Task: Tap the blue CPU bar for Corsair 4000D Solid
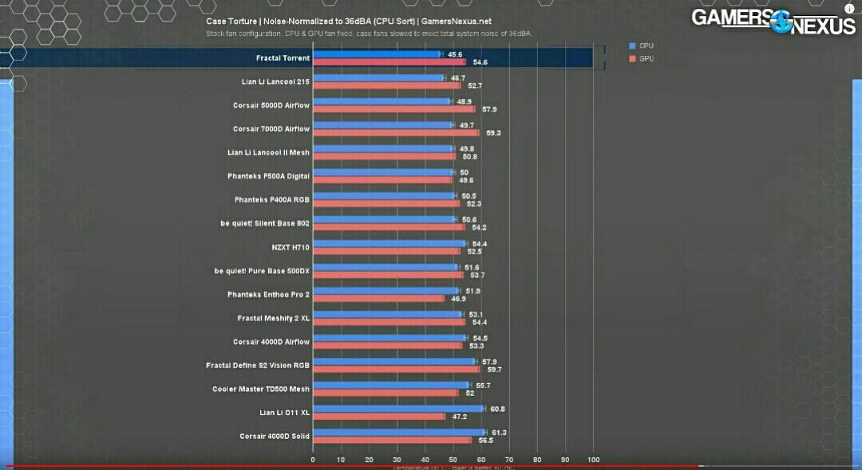point(398,432)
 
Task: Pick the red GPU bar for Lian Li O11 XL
point(379,417)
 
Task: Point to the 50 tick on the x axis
point(453,460)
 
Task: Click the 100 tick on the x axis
point(593,460)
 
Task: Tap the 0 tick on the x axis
point(313,460)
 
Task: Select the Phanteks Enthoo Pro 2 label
point(268,294)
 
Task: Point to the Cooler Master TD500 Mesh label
point(260,389)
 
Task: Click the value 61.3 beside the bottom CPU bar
point(499,432)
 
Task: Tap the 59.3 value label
point(493,133)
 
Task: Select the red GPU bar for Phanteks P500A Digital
point(382,180)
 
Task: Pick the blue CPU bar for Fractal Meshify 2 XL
point(387,314)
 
